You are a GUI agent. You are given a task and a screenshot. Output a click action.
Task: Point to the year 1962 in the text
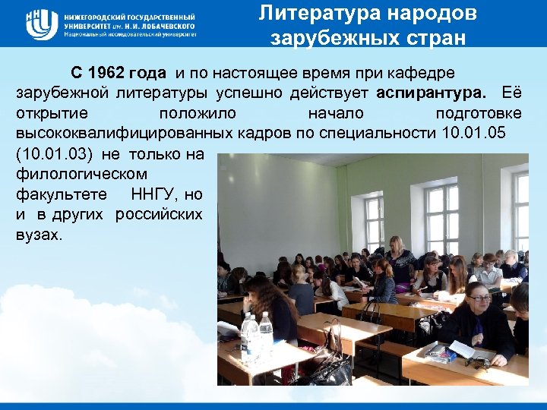110,74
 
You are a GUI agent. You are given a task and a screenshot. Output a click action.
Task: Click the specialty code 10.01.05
473,134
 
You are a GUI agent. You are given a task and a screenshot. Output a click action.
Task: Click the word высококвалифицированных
112,134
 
